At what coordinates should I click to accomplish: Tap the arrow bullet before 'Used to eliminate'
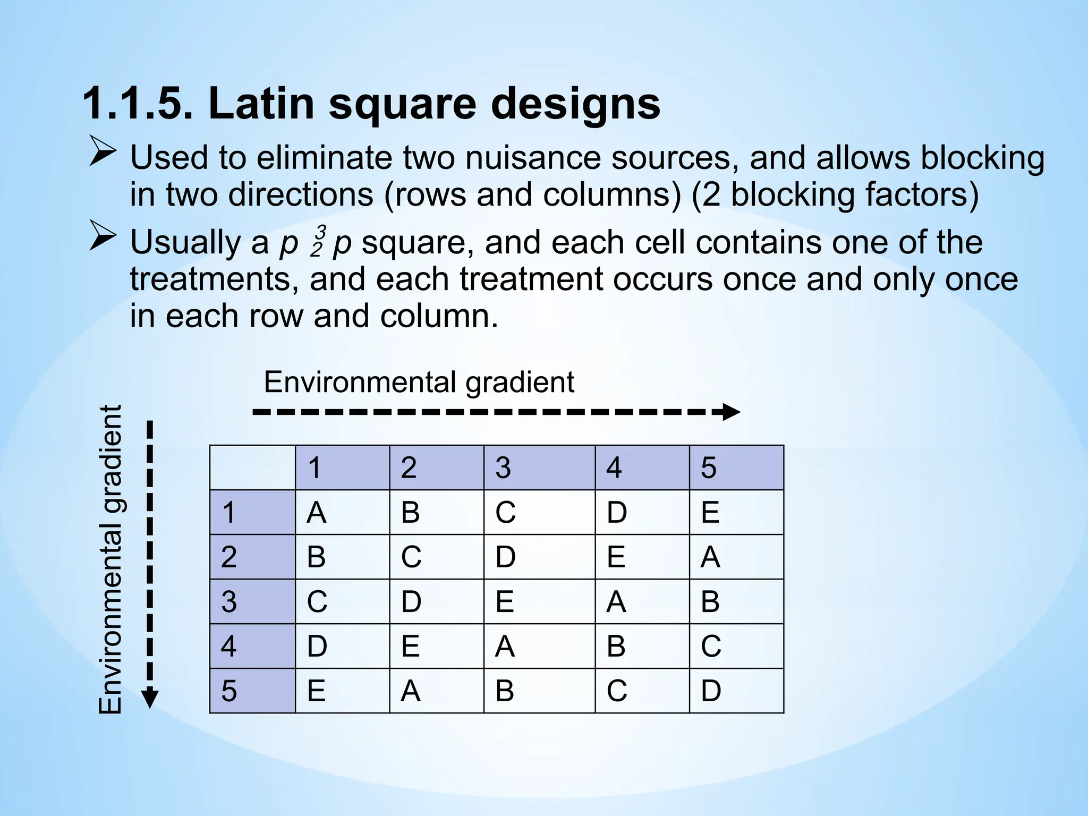(x=103, y=151)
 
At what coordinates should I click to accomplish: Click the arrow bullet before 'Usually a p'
(x=103, y=236)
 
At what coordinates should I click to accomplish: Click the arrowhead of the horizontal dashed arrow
(x=731, y=412)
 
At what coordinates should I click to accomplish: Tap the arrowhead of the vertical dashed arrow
(x=150, y=698)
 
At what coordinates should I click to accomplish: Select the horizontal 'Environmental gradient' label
(x=419, y=381)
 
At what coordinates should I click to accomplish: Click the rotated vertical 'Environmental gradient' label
(x=111, y=559)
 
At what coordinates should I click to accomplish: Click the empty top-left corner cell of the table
(x=252, y=467)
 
